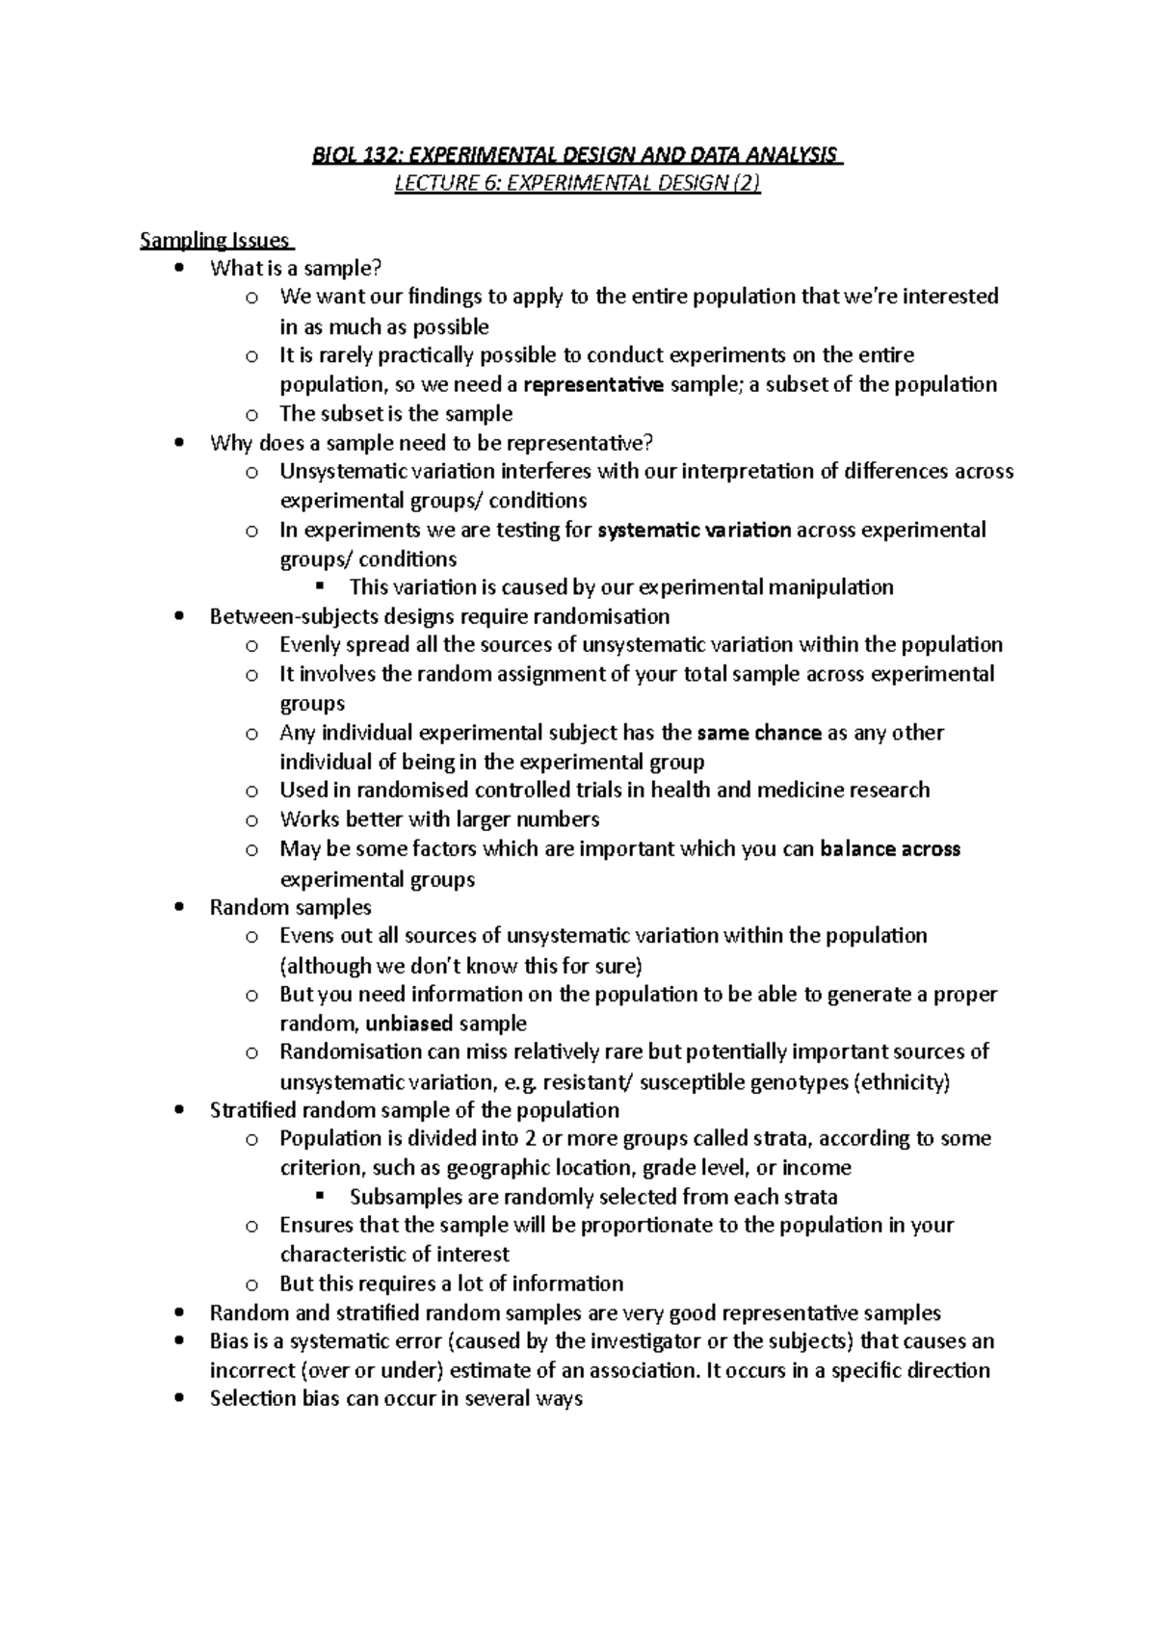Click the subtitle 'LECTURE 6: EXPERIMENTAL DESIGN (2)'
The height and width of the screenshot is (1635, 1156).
pos(577,184)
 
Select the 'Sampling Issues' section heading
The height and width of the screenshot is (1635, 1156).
pos(214,241)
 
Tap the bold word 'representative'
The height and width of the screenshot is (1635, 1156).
pos(593,385)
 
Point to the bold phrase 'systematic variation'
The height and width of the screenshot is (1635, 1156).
pos(695,530)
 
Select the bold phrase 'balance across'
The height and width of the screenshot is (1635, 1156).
pos(890,849)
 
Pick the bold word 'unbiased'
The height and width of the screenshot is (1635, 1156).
pos(409,1024)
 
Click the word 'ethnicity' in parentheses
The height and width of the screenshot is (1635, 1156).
pos(905,1082)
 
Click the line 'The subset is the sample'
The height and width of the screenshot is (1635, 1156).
pos(396,414)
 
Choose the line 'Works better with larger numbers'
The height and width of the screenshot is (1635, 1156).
pos(439,819)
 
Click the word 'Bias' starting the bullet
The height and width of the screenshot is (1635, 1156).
pos(229,1341)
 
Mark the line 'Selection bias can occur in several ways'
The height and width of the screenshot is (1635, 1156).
pos(396,1399)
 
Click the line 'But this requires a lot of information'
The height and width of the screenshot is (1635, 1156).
pos(451,1284)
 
